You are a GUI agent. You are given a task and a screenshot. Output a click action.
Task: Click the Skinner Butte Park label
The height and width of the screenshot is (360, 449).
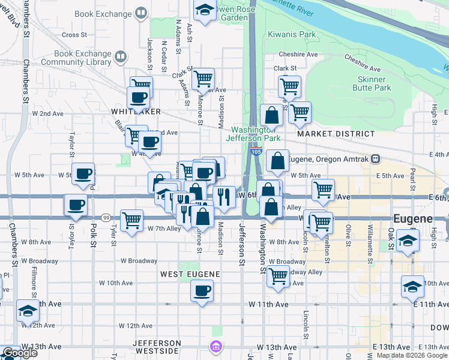point(375,83)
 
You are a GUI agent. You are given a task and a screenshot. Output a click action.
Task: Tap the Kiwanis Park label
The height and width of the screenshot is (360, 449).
point(292,34)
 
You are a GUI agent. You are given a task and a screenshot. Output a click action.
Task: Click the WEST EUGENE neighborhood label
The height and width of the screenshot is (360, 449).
point(190,274)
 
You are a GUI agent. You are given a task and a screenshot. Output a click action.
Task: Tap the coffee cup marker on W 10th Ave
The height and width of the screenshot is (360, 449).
point(202,292)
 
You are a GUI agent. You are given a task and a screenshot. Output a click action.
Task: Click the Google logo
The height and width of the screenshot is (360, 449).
point(20,353)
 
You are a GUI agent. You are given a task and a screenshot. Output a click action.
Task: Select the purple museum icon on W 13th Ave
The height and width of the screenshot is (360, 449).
point(215,346)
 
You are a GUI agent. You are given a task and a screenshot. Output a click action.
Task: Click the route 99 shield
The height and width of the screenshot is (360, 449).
point(105,217)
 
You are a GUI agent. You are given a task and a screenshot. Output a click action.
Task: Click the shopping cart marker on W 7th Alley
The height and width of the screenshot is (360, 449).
point(131,220)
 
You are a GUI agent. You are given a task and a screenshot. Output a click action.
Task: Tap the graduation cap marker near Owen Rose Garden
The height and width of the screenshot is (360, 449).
point(205,10)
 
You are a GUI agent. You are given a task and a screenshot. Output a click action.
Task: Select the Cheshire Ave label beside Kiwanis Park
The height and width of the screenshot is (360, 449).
point(304,54)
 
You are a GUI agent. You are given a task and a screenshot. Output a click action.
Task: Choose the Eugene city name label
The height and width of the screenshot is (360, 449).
point(413,218)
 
